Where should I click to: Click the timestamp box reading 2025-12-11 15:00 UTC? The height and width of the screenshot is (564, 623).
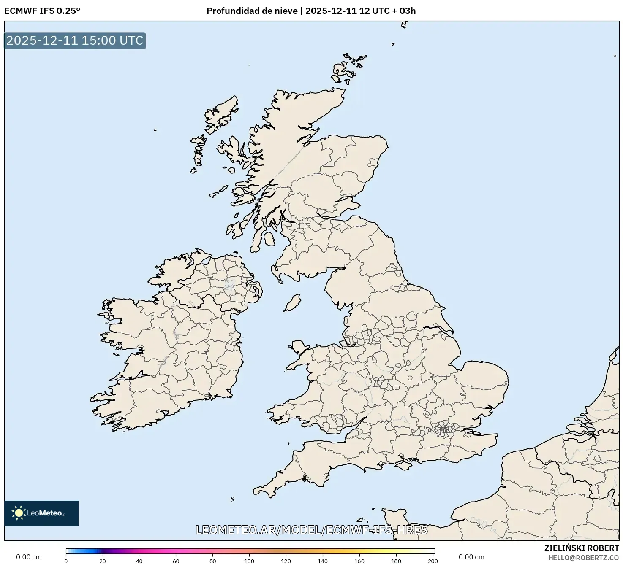tap(75, 41)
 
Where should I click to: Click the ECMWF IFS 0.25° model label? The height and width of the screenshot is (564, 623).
tap(42, 11)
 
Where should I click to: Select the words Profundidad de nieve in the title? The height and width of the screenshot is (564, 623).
tap(252, 11)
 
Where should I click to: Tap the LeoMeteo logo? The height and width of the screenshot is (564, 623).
tap(41, 513)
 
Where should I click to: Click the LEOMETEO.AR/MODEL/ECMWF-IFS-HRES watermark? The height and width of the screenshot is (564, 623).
tap(312, 530)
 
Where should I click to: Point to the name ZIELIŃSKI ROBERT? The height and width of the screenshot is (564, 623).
tap(581, 548)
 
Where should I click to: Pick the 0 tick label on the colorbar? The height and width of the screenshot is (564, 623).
tap(66, 561)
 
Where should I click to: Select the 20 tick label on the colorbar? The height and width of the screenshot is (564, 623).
tap(103, 561)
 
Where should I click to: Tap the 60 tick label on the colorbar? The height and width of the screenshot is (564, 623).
tap(176, 561)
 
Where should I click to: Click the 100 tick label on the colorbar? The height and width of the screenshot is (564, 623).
tap(249, 561)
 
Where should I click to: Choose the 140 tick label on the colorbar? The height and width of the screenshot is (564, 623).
tap(323, 561)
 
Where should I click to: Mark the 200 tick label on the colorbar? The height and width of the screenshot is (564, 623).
tap(433, 561)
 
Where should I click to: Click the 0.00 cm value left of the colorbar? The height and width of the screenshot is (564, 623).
tap(29, 557)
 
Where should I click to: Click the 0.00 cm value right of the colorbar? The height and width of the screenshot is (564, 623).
tap(471, 557)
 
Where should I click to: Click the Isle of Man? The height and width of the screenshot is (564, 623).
tap(292, 303)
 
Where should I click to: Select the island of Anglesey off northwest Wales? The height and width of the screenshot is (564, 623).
tap(299, 347)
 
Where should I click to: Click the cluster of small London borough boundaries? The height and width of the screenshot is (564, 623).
tap(444, 430)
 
